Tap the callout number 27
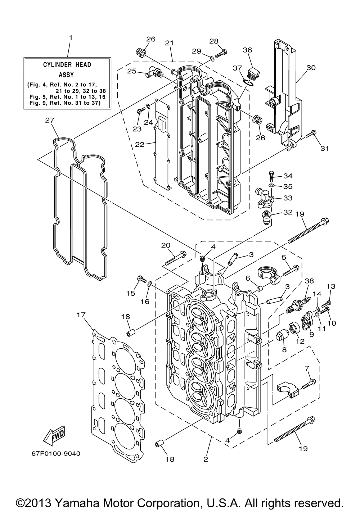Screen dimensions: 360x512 click(x=50, y=120)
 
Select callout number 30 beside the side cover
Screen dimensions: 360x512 click(x=311, y=68)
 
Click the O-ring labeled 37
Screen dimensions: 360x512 click(x=248, y=82)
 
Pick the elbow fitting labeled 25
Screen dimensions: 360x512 click(x=154, y=73)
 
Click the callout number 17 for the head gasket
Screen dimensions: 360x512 click(x=81, y=315)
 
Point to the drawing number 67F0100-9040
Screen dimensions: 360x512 click(x=56, y=453)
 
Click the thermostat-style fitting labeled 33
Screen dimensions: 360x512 click(x=265, y=198)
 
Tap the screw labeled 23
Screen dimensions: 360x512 click(x=141, y=110)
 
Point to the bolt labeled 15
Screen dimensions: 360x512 click(x=142, y=279)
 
